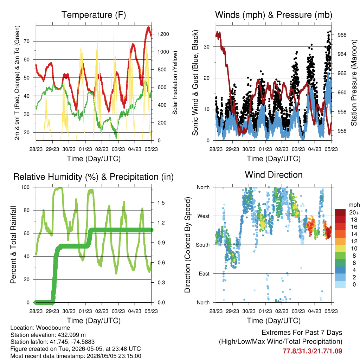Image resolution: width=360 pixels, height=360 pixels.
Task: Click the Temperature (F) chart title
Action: [94, 15]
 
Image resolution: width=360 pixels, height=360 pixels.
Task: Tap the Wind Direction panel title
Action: [274, 175]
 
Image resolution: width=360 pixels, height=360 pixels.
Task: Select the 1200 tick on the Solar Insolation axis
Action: [163, 34]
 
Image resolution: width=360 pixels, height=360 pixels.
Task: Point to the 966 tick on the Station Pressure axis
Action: [342, 35]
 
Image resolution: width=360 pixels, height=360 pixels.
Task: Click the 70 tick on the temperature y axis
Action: [27, 41]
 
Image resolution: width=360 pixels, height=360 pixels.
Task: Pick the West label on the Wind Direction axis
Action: [204, 216]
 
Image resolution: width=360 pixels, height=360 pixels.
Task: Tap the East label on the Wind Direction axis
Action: [204, 274]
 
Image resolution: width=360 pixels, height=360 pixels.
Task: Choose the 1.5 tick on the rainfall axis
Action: [161, 203]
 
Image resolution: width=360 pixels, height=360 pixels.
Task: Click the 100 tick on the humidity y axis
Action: [25, 187]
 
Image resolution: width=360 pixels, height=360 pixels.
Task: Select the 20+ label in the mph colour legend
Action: [354, 212]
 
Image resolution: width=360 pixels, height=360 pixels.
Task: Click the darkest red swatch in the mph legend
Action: [340, 212]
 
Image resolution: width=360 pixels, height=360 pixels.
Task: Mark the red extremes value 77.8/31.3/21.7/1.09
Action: [312, 351]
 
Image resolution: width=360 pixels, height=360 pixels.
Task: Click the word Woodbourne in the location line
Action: [53, 328]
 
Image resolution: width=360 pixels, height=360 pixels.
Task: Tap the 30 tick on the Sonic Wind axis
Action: [207, 47]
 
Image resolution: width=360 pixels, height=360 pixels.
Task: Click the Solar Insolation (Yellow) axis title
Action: [175, 83]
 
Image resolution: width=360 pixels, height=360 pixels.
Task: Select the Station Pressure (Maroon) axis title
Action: [354, 83]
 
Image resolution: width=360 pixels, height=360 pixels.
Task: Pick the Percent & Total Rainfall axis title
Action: [13, 245]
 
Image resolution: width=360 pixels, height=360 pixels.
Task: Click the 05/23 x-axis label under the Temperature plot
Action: [151, 149]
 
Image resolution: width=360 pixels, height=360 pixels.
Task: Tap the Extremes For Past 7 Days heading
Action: [302, 333]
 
